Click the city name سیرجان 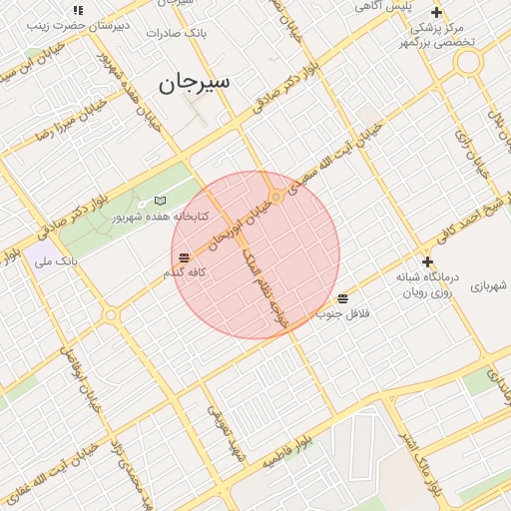click(194, 82)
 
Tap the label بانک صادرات click(176, 33)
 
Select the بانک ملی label click(56, 261)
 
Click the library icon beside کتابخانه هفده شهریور click(160, 201)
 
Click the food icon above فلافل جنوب click(343, 298)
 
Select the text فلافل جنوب click(343, 313)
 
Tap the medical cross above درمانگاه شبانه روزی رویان click(427, 261)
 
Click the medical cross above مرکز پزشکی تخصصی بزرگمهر click(436, 12)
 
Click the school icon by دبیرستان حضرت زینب click(78, 10)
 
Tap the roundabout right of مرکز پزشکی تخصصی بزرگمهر click(467, 62)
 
